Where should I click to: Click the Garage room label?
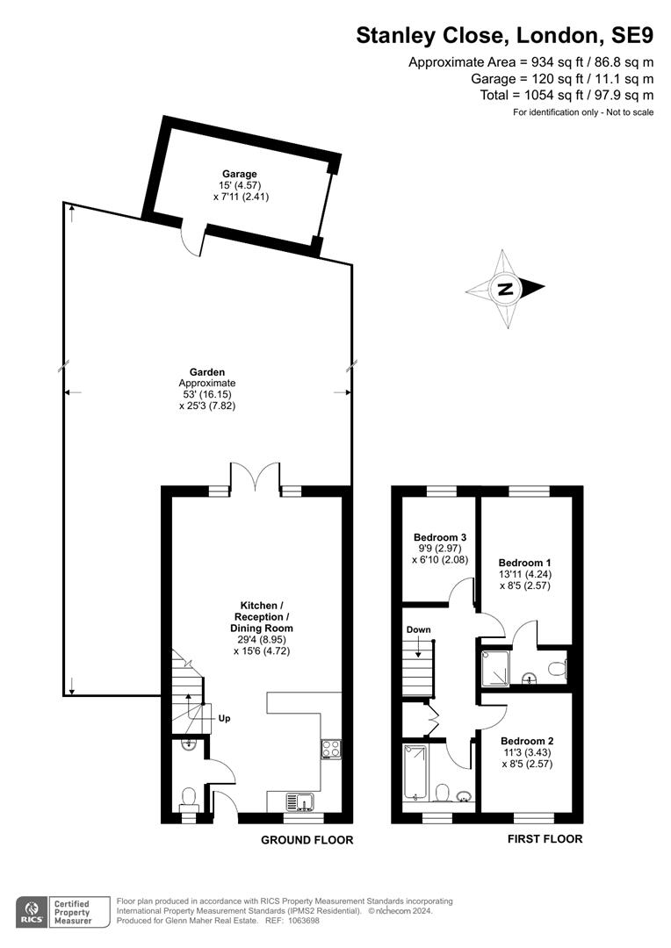point(240,174)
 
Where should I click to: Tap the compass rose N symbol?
point(505,289)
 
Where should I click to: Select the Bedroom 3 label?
point(440,537)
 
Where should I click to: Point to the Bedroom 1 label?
point(524,563)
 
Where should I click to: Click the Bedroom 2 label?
point(527,741)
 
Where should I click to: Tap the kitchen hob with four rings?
point(331,749)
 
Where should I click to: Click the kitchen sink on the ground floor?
point(299,801)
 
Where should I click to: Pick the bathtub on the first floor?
point(415,772)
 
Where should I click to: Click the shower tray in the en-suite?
point(495,668)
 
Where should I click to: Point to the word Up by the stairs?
point(225,719)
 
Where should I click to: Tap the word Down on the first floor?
point(419,630)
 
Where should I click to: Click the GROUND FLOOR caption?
point(307,840)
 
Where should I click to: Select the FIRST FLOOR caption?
point(545,838)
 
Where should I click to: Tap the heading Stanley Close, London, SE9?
point(505,36)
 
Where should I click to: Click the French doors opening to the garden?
point(255,478)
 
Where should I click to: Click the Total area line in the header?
point(566,95)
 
